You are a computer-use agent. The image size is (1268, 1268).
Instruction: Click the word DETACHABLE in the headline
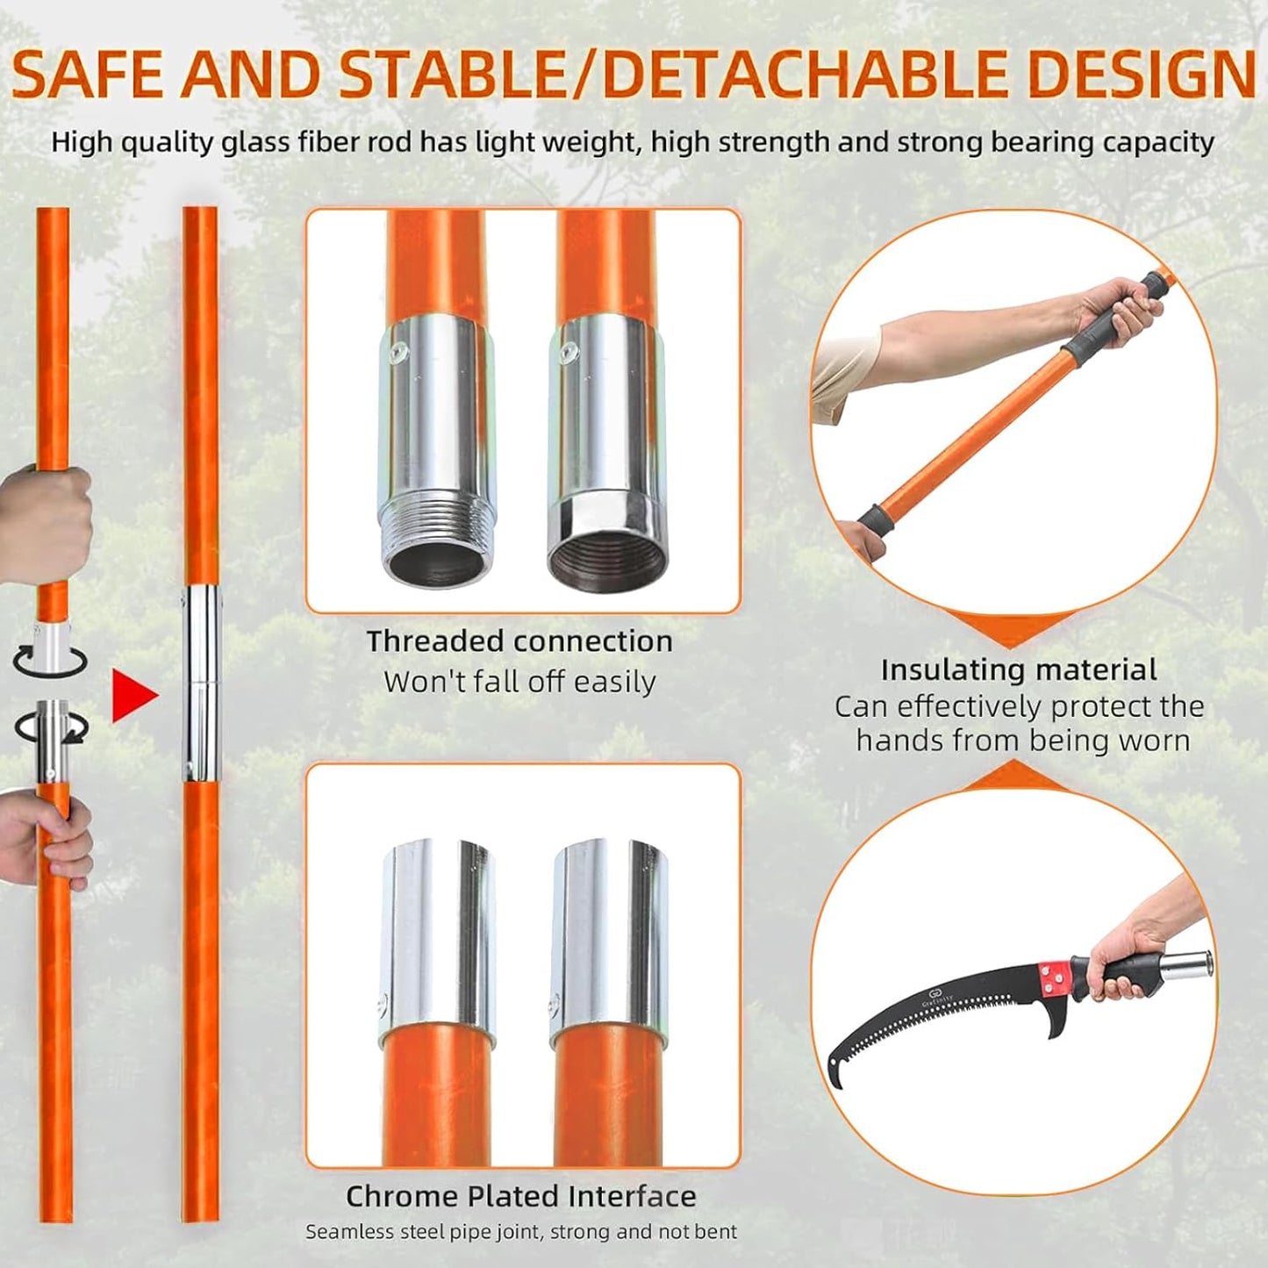pyautogui.click(x=806, y=74)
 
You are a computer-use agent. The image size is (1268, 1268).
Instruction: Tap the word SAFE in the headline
pyautogui.click(x=88, y=74)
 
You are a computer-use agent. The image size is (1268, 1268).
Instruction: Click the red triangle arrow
pyautogui.click(x=133, y=696)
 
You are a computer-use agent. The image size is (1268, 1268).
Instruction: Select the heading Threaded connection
pyautogui.click(x=519, y=641)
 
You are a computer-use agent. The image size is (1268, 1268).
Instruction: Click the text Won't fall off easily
pyautogui.click(x=519, y=682)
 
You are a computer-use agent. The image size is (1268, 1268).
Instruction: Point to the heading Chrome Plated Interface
pyautogui.click(x=520, y=1196)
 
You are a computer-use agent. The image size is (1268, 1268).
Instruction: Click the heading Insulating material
pyautogui.click(x=1019, y=670)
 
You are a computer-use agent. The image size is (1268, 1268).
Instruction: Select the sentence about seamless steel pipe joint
pyautogui.click(x=520, y=1232)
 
